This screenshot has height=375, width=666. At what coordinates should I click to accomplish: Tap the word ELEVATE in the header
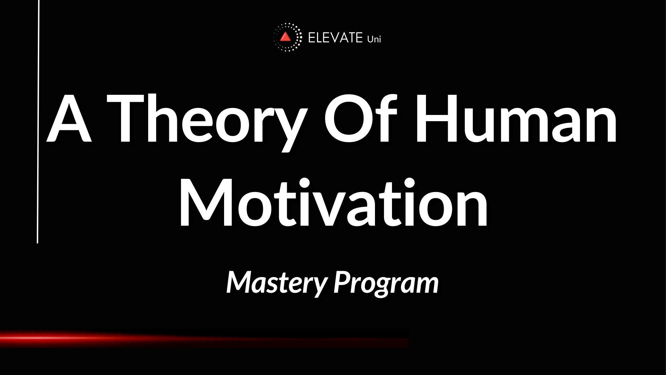(335, 38)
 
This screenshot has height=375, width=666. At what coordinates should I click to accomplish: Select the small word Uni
(374, 39)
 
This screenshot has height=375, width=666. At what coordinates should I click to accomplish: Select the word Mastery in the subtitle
(277, 282)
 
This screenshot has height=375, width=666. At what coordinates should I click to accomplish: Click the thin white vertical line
(38, 122)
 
